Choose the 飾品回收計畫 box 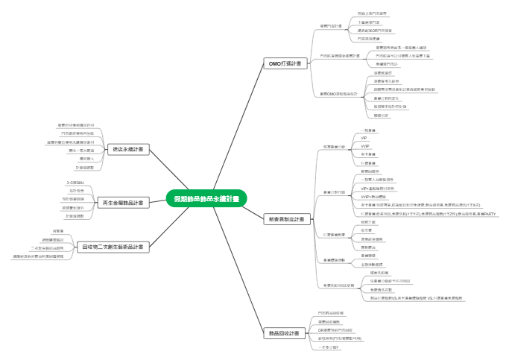click(x=283, y=333)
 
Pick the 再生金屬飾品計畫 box click(x=123, y=202)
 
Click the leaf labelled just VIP click(x=364, y=138)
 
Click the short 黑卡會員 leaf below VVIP click(x=368, y=154)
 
